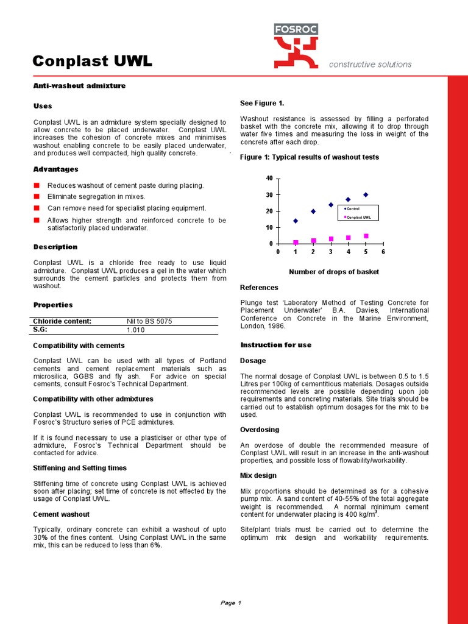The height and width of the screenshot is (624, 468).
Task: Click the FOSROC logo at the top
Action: [x=296, y=46]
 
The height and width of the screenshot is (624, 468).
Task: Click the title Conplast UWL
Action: [x=92, y=62]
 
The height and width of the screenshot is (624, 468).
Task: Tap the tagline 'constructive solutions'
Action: [x=370, y=65]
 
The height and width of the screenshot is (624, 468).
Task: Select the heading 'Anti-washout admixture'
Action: [x=79, y=86]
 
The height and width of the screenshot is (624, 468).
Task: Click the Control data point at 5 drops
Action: [x=366, y=195]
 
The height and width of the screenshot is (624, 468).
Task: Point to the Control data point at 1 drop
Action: [x=296, y=221]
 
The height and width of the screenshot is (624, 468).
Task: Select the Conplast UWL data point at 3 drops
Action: [x=331, y=239]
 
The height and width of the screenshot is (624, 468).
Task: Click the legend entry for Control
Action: [x=352, y=209]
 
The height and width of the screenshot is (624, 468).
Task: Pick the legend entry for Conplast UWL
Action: [x=360, y=217]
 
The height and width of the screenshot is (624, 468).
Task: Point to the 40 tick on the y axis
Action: [x=270, y=179]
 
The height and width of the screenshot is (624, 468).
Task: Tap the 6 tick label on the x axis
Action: [x=383, y=252]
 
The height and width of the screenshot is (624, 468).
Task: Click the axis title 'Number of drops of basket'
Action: [x=333, y=272]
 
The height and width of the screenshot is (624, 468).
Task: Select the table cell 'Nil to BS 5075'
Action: [x=149, y=321]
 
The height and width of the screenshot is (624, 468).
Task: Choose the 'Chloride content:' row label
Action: [x=62, y=321]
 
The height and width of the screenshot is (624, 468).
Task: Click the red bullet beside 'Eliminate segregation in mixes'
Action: [x=37, y=197]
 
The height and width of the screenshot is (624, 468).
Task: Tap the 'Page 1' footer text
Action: [x=231, y=603]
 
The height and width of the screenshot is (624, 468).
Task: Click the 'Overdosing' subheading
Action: [x=260, y=430]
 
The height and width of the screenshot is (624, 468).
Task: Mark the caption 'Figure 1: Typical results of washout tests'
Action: [x=310, y=157]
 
